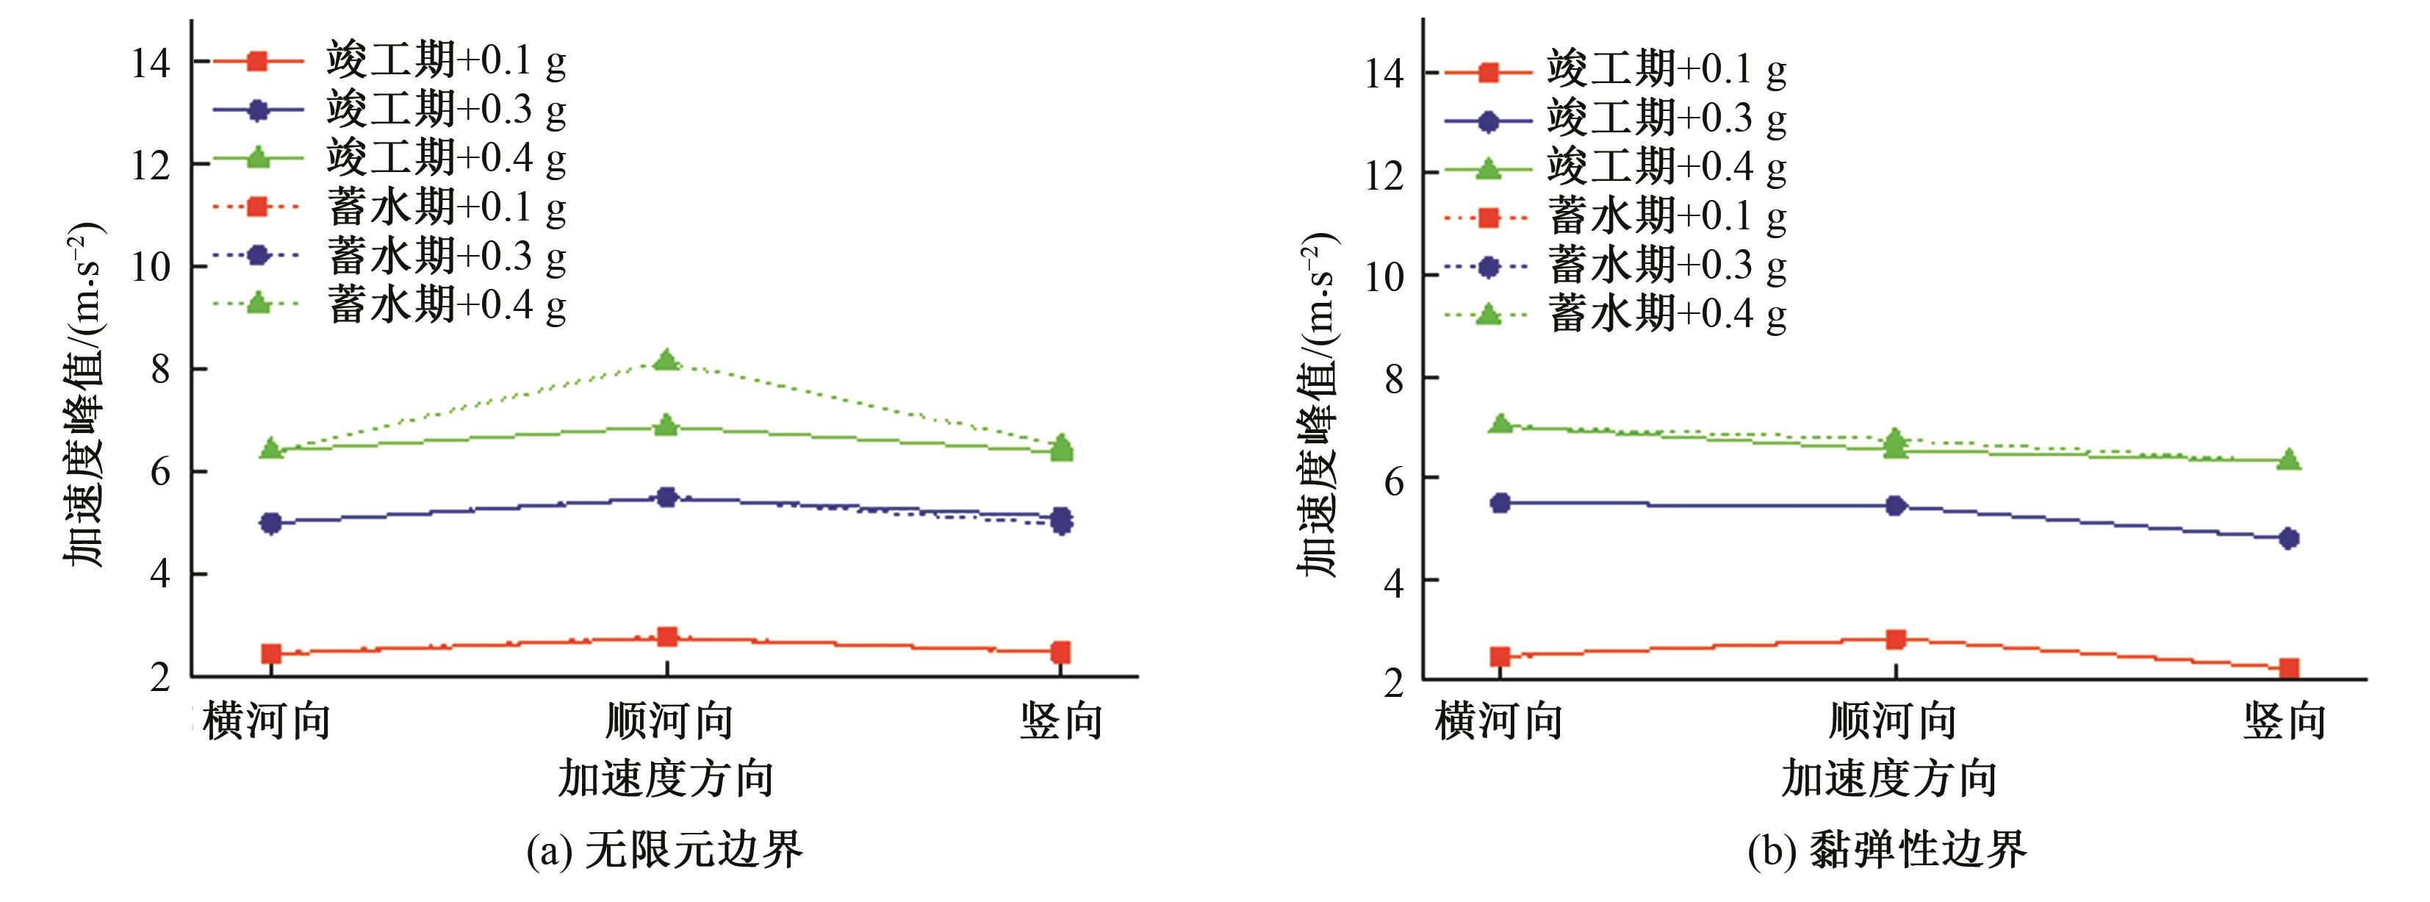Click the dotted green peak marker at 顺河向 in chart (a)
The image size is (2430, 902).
(x=667, y=359)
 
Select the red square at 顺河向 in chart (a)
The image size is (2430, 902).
(x=667, y=637)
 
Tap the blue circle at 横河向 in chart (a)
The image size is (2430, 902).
(x=270, y=523)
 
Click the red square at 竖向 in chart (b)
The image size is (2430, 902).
(x=2288, y=669)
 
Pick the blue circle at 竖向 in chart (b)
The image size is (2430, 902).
(x=2288, y=539)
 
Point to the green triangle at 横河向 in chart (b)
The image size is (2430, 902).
(x=1500, y=423)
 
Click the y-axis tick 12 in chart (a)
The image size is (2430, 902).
(x=151, y=166)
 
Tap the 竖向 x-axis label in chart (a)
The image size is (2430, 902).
(x=1061, y=722)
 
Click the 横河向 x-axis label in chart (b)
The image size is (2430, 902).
(x=1499, y=722)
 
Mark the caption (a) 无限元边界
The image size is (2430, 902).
(x=664, y=850)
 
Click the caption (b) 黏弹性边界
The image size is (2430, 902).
(x=1887, y=850)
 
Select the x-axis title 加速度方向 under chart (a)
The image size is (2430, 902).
(x=666, y=779)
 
